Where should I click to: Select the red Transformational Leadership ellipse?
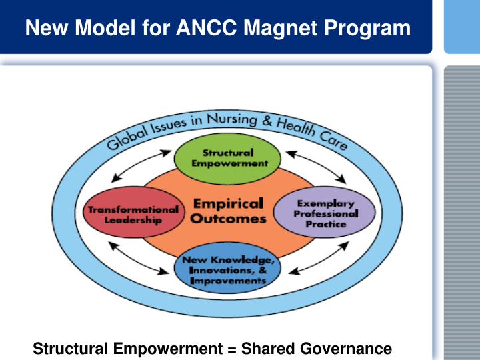pyautogui.click(x=133, y=215)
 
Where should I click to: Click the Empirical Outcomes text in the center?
pyautogui.click(x=229, y=210)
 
